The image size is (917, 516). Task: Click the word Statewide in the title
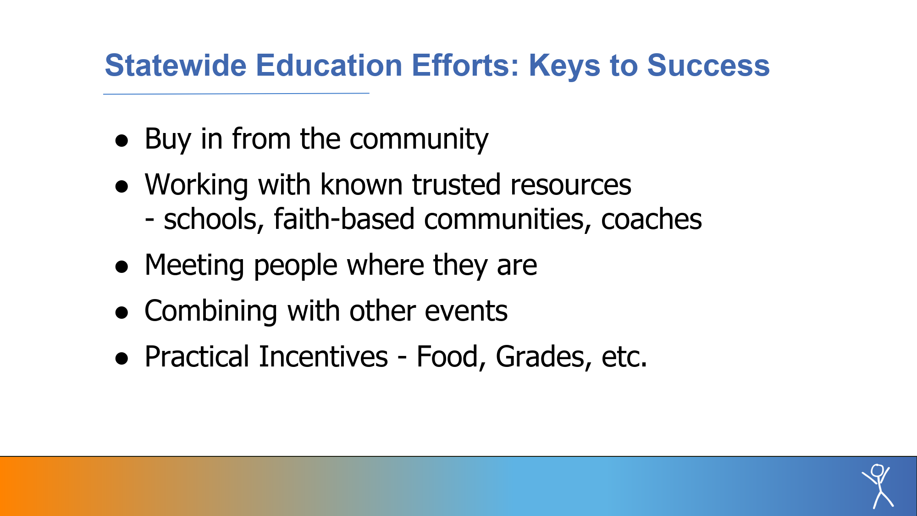pyautogui.click(x=176, y=65)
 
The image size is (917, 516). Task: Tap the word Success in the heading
pyautogui.click(x=708, y=65)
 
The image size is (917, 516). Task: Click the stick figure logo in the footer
pyautogui.click(x=878, y=486)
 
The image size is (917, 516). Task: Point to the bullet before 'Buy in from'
pyautogui.click(x=122, y=140)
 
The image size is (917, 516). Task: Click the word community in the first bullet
pyautogui.click(x=419, y=139)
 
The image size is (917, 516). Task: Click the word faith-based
pyautogui.click(x=344, y=219)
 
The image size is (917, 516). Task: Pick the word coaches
pyautogui.click(x=652, y=219)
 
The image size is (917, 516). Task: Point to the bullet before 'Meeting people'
pyautogui.click(x=122, y=266)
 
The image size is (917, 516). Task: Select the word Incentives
pyautogui.click(x=323, y=357)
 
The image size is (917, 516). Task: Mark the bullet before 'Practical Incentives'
pyautogui.click(x=122, y=358)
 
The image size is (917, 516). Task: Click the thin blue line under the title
pyautogui.click(x=236, y=94)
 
